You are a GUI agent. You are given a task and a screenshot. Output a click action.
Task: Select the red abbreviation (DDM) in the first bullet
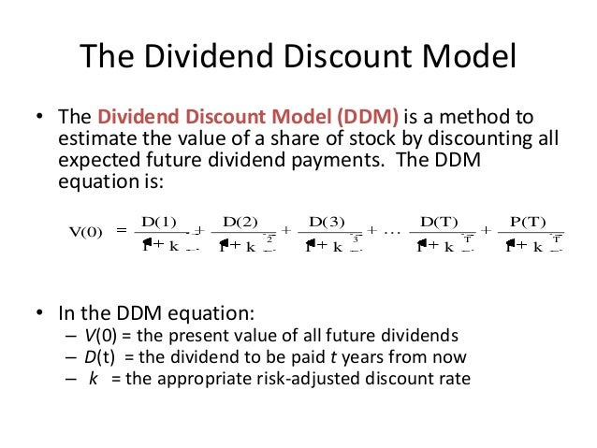365,119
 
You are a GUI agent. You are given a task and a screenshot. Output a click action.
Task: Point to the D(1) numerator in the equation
158,221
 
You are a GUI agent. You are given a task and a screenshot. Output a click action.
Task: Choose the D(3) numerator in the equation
328,221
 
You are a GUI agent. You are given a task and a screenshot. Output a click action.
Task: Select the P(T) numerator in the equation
527,221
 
